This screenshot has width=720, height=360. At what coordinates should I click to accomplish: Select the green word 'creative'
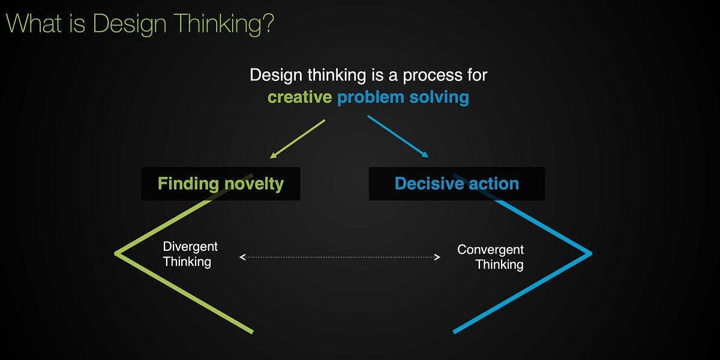pyautogui.click(x=299, y=97)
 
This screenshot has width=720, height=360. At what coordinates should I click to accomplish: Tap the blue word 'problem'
pyautogui.click(x=370, y=97)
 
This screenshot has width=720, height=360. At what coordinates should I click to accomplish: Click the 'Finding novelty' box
pyautogui.click(x=220, y=184)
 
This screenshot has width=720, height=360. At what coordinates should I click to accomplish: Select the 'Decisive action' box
pyautogui.click(x=457, y=184)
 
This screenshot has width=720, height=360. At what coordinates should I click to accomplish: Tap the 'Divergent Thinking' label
pyautogui.click(x=190, y=254)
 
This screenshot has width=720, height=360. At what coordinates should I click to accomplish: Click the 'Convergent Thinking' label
pyautogui.click(x=491, y=257)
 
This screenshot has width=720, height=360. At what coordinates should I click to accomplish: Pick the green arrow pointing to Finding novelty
pyautogui.click(x=298, y=139)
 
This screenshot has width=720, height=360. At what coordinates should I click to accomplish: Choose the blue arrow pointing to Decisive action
pyautogui.click(x=398, y=136)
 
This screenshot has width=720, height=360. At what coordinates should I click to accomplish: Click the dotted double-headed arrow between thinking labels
pyautogui.click(x=340, y=257)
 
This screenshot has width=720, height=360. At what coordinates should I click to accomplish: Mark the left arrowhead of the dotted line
pyautogui.click(x=242, y=257)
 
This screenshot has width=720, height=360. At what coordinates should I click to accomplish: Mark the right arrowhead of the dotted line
pyautogui.click(x=437, y=257)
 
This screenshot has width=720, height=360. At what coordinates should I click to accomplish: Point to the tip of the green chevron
pyautogui.click(x=116, y=253)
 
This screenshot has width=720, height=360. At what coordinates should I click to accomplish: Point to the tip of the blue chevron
pyautogui.click(x=590, y=253)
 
